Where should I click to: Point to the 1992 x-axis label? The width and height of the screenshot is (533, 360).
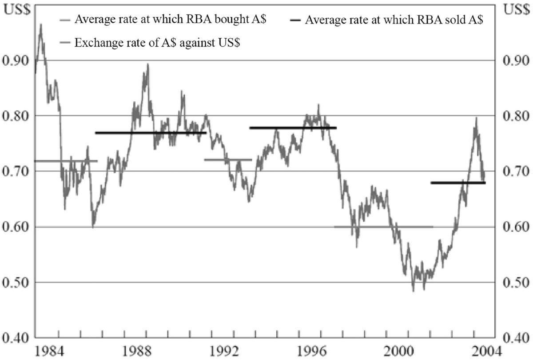tap(223, 350)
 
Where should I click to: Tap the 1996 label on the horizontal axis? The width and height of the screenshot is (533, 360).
tap(311, 350)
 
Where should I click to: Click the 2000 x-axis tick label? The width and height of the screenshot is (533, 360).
tap(398, 350)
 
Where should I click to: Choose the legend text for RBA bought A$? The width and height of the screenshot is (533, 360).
tap(171, 20)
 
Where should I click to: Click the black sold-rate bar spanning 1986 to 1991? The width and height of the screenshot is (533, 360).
tap(151, 132)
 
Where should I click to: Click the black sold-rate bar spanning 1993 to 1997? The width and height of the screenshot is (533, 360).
tap(293, 128)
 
